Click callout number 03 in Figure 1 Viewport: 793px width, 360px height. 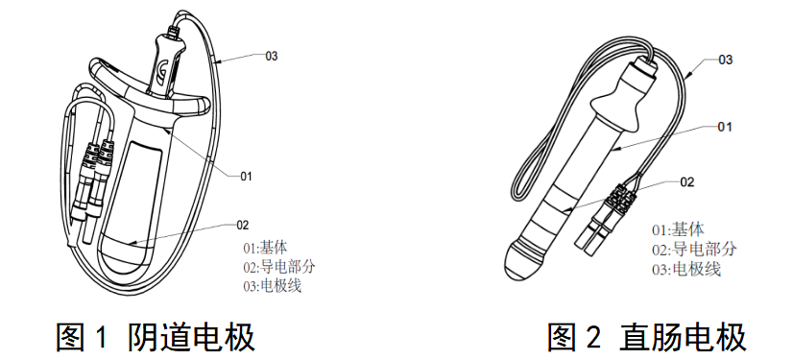point(272,56)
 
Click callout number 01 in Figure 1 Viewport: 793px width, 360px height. point(246,176)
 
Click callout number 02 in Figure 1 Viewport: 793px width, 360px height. point(243,225)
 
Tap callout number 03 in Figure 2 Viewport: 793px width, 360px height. point(726,60)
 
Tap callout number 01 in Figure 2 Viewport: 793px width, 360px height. point(725,127)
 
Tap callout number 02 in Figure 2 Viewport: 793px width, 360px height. point(687,182)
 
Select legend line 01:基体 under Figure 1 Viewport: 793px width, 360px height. point(265,249)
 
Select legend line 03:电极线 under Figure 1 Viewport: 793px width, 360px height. point(272,286)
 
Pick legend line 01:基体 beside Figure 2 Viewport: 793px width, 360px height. point(678,230)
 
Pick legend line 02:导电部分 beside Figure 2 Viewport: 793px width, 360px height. point(694,250)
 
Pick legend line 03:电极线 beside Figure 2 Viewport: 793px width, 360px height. point(686,270)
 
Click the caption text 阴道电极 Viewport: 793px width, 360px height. point(192,337)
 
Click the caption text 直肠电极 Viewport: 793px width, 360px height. point(684,337)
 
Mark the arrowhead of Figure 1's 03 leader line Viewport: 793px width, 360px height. point(218,63)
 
